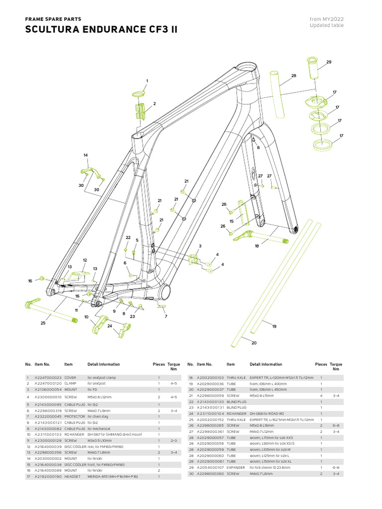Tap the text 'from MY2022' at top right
click(x=326, y=19)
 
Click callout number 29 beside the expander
click(x=328, y=62)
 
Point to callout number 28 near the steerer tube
click(x=293, y=76)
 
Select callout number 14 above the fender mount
click(x=86, y=156)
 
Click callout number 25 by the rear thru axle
click(x=43, y=323)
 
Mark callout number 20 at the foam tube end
click(x=254, y=343)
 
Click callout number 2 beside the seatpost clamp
click(x=155, y=103)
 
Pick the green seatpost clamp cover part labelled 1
click(x=139, y=93)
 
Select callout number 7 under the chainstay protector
click(x=166, y=316)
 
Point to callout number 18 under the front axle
click(x=257, y=246)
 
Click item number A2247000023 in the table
click(x=48, y=378)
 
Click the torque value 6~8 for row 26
click(x=337, y=426)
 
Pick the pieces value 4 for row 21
click(x=321, y=395)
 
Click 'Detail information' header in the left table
click(x=103, y=364)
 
